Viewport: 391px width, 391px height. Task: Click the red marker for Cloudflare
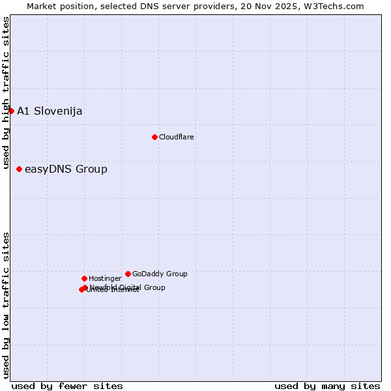154,137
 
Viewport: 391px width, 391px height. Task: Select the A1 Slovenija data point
11,111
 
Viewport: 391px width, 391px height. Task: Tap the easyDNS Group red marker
19,169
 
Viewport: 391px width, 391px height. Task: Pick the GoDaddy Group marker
128,274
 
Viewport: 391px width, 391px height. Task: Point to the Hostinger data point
84,278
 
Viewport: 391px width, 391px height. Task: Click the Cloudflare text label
177,137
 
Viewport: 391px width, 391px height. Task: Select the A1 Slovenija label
50,111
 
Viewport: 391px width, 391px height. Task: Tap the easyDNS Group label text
66,169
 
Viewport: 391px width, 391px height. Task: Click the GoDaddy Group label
160,274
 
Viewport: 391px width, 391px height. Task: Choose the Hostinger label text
105,278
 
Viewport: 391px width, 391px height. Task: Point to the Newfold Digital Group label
128,287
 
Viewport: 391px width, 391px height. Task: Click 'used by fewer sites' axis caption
67,386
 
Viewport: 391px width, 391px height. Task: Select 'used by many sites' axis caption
327,386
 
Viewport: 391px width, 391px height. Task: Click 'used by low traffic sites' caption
6,305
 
